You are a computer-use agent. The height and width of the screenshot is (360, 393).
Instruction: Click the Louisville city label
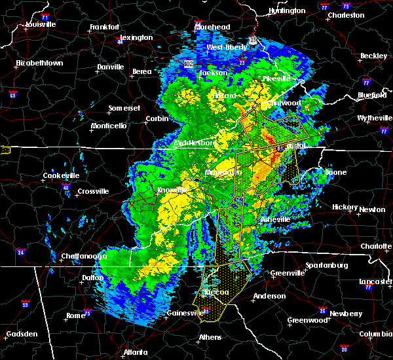tap(41, 25)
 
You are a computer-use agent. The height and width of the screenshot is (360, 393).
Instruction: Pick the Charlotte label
tap(375, 246)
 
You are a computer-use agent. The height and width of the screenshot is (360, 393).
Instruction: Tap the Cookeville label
tap(61, 175)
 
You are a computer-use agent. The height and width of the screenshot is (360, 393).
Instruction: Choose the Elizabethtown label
tap(39, 63)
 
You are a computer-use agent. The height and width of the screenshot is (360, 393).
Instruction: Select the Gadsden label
tap(22, 334)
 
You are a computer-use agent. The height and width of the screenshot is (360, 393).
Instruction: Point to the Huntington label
tap(287, 11)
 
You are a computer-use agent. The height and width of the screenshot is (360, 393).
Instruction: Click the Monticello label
tap(109, 126)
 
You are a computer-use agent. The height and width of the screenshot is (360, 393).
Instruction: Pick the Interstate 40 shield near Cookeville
tap(65, 187)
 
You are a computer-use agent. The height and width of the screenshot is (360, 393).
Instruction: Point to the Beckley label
tap(373, 56)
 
